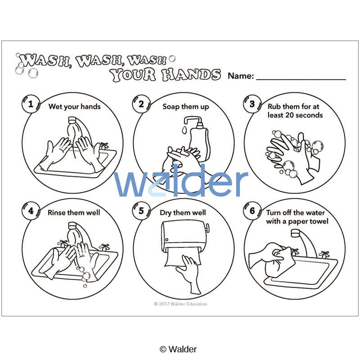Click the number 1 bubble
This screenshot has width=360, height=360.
pyautogui.click(x=31, y=104)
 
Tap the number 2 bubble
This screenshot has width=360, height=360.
pyautogui.click(x=141, y=104)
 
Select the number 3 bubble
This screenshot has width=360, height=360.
pyautogui.click(x=252, y=104)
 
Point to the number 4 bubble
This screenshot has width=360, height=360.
pyautogui.click(x=31, y=211)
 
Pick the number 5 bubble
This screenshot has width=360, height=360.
pyautogui.click(x=141, y=211)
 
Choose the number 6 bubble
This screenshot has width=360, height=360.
pyautogui.click(x=252, y=211)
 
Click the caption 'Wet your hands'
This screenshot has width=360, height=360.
pyautogui.click(x=74, y=107)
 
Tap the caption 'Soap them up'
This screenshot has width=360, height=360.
pyautogui.click(x=186, y=107)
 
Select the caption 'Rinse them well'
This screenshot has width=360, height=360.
pyautogui.click(x=74, y=212)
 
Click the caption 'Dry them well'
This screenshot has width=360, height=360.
pyautogui.click(x=183, y=213)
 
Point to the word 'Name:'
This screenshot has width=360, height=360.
pyautogui.click(x=241, y=76)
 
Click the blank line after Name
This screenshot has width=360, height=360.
pyautogui.click(x=301, y=79)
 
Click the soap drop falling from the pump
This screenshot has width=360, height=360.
pyautogui.click(x=184, y=130)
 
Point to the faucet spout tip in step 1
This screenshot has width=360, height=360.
pyautogui.click(x=72, y=120)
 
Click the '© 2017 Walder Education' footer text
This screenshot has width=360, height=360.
pyautogui.click(x=180, y=304)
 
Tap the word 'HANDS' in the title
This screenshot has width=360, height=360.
pyautogui.click(x=190, y=75)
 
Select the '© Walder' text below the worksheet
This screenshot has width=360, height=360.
pyautogui.click(x=178, y=349)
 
